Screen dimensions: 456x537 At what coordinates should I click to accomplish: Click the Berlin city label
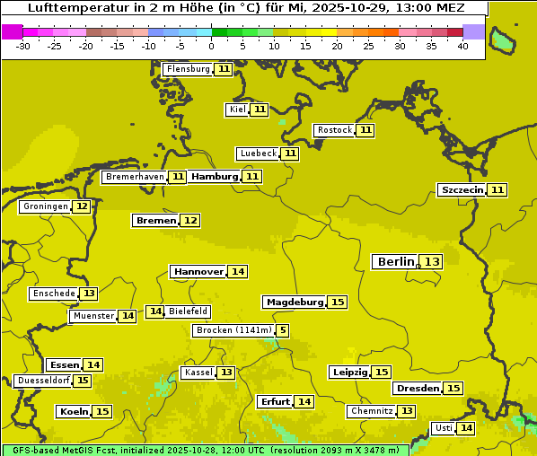(x=395, y=262)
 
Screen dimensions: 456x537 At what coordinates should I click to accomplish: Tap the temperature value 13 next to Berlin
(x=433, y=262)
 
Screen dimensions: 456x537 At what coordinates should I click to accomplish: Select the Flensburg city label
(x=188, y=69)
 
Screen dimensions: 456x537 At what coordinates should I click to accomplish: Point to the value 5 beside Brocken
(x=283, y=330)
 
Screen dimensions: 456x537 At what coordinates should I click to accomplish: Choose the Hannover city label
(x=198, y=271)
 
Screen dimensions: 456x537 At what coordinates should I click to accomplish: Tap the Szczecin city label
(x=462, y=189)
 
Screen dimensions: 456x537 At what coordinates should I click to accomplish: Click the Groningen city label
(x=45, y=206)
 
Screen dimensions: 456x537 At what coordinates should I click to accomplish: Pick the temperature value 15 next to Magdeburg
(x=337, y=302)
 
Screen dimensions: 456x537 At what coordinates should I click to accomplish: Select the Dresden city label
(x=418, y=389)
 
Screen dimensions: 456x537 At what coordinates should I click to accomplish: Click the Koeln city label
(x=74, y=411)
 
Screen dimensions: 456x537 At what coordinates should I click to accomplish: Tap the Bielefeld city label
(x=188, y=311)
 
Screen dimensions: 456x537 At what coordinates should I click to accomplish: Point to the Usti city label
(x=443, y=428)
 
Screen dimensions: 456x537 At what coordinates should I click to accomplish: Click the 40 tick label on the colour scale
(x=462, y=46)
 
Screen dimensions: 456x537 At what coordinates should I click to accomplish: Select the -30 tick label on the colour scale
(x=23, y=46)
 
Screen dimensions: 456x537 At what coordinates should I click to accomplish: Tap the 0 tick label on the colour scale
(x=211, y=46)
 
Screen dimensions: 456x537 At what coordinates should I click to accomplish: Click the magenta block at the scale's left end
(x=12, y=32)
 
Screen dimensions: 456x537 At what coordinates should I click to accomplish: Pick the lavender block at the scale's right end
(x=474, y=32)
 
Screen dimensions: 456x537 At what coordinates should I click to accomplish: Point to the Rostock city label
(x=334, y=130)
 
